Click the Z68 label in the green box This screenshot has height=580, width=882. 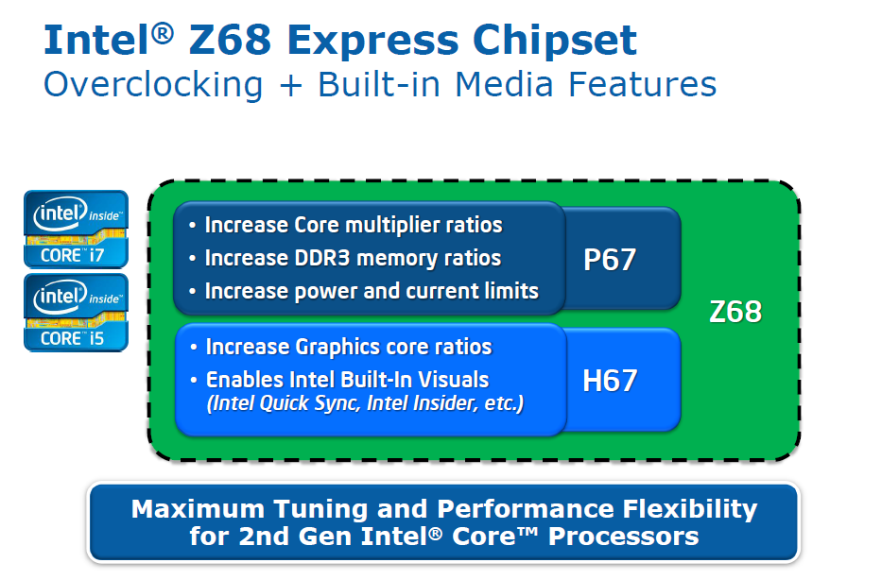point(735,312)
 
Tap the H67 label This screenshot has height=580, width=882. point(610,380)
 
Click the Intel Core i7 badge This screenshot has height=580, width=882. point(76,228)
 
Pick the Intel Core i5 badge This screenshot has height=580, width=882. point(76,313)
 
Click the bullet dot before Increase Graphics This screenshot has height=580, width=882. point(193,348)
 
